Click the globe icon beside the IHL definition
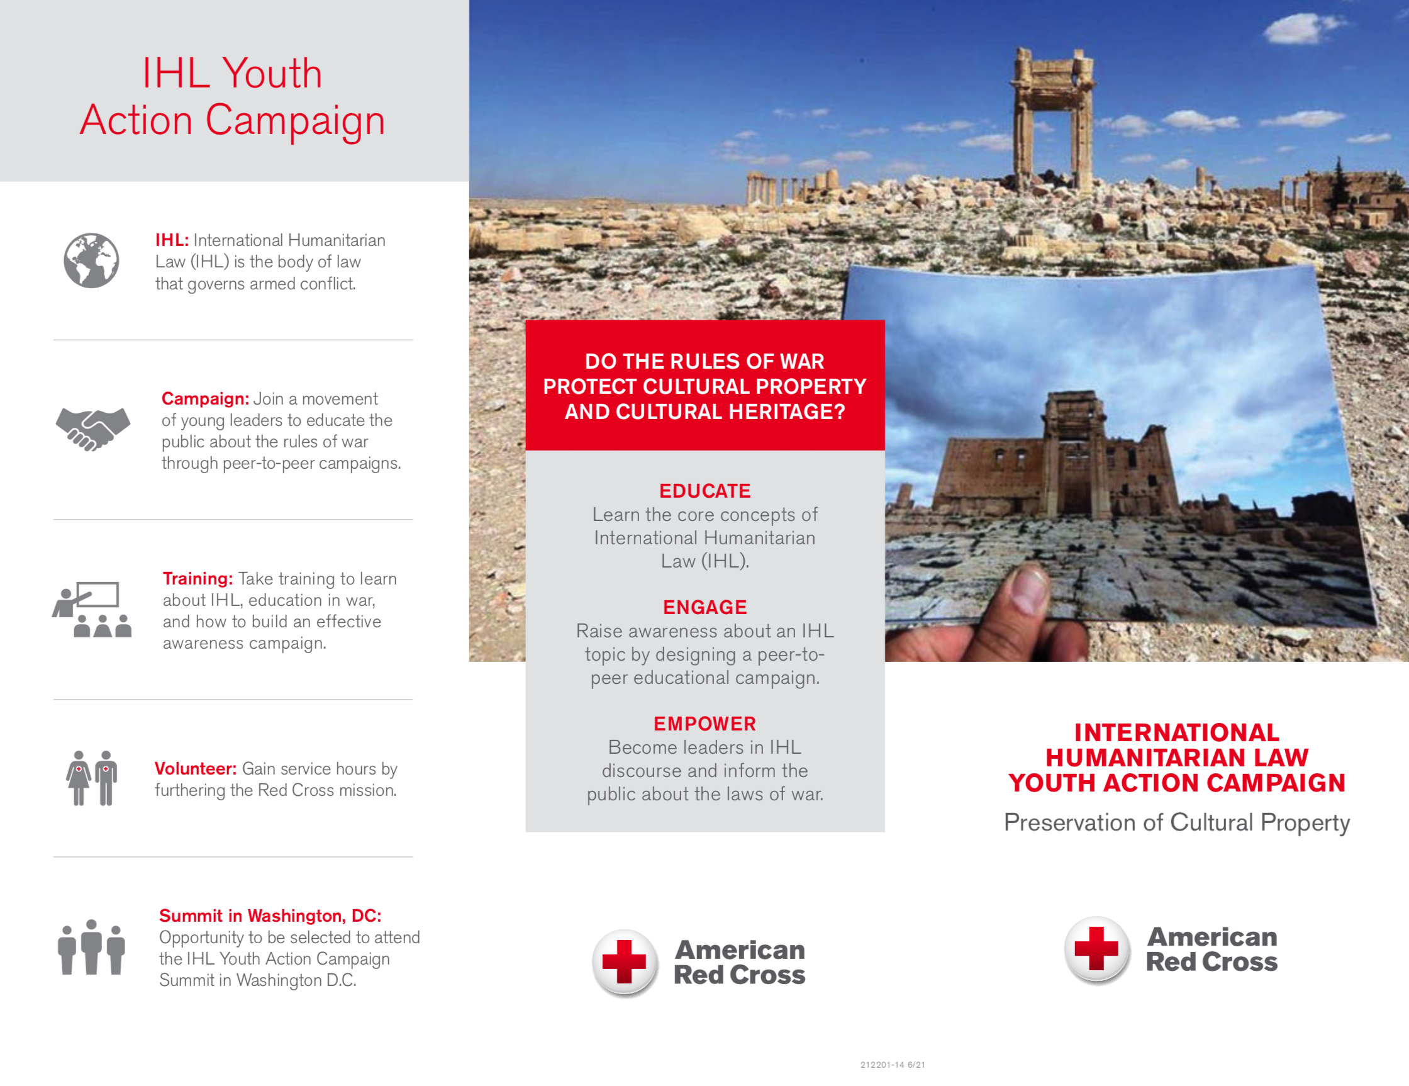pyautogui.click(x=91, y=260)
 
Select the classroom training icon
pyautogui.click(x=92, y=609)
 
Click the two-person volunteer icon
pyautogui.click(x=92, y=778)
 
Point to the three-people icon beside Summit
pyautogui.click(x=91, y=946)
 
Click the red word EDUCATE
pyautogui.click(x=704, y=491)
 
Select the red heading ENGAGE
pyautogui.click(x=704, y=607)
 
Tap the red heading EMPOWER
pyautogui.click(x=704, y=724)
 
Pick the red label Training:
pyautogui.click(x=198, y=579)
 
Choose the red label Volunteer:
pyautogui.click(x=196, y=768)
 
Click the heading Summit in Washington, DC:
pyautogui.click(x=270, y=915)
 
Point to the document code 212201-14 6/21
pyautogui.click(x=892, y=1065)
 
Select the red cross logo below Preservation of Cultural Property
pyautogui.click(x=1096, y=949)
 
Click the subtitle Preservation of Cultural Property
pyautogui.click(x=1176, y=823)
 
